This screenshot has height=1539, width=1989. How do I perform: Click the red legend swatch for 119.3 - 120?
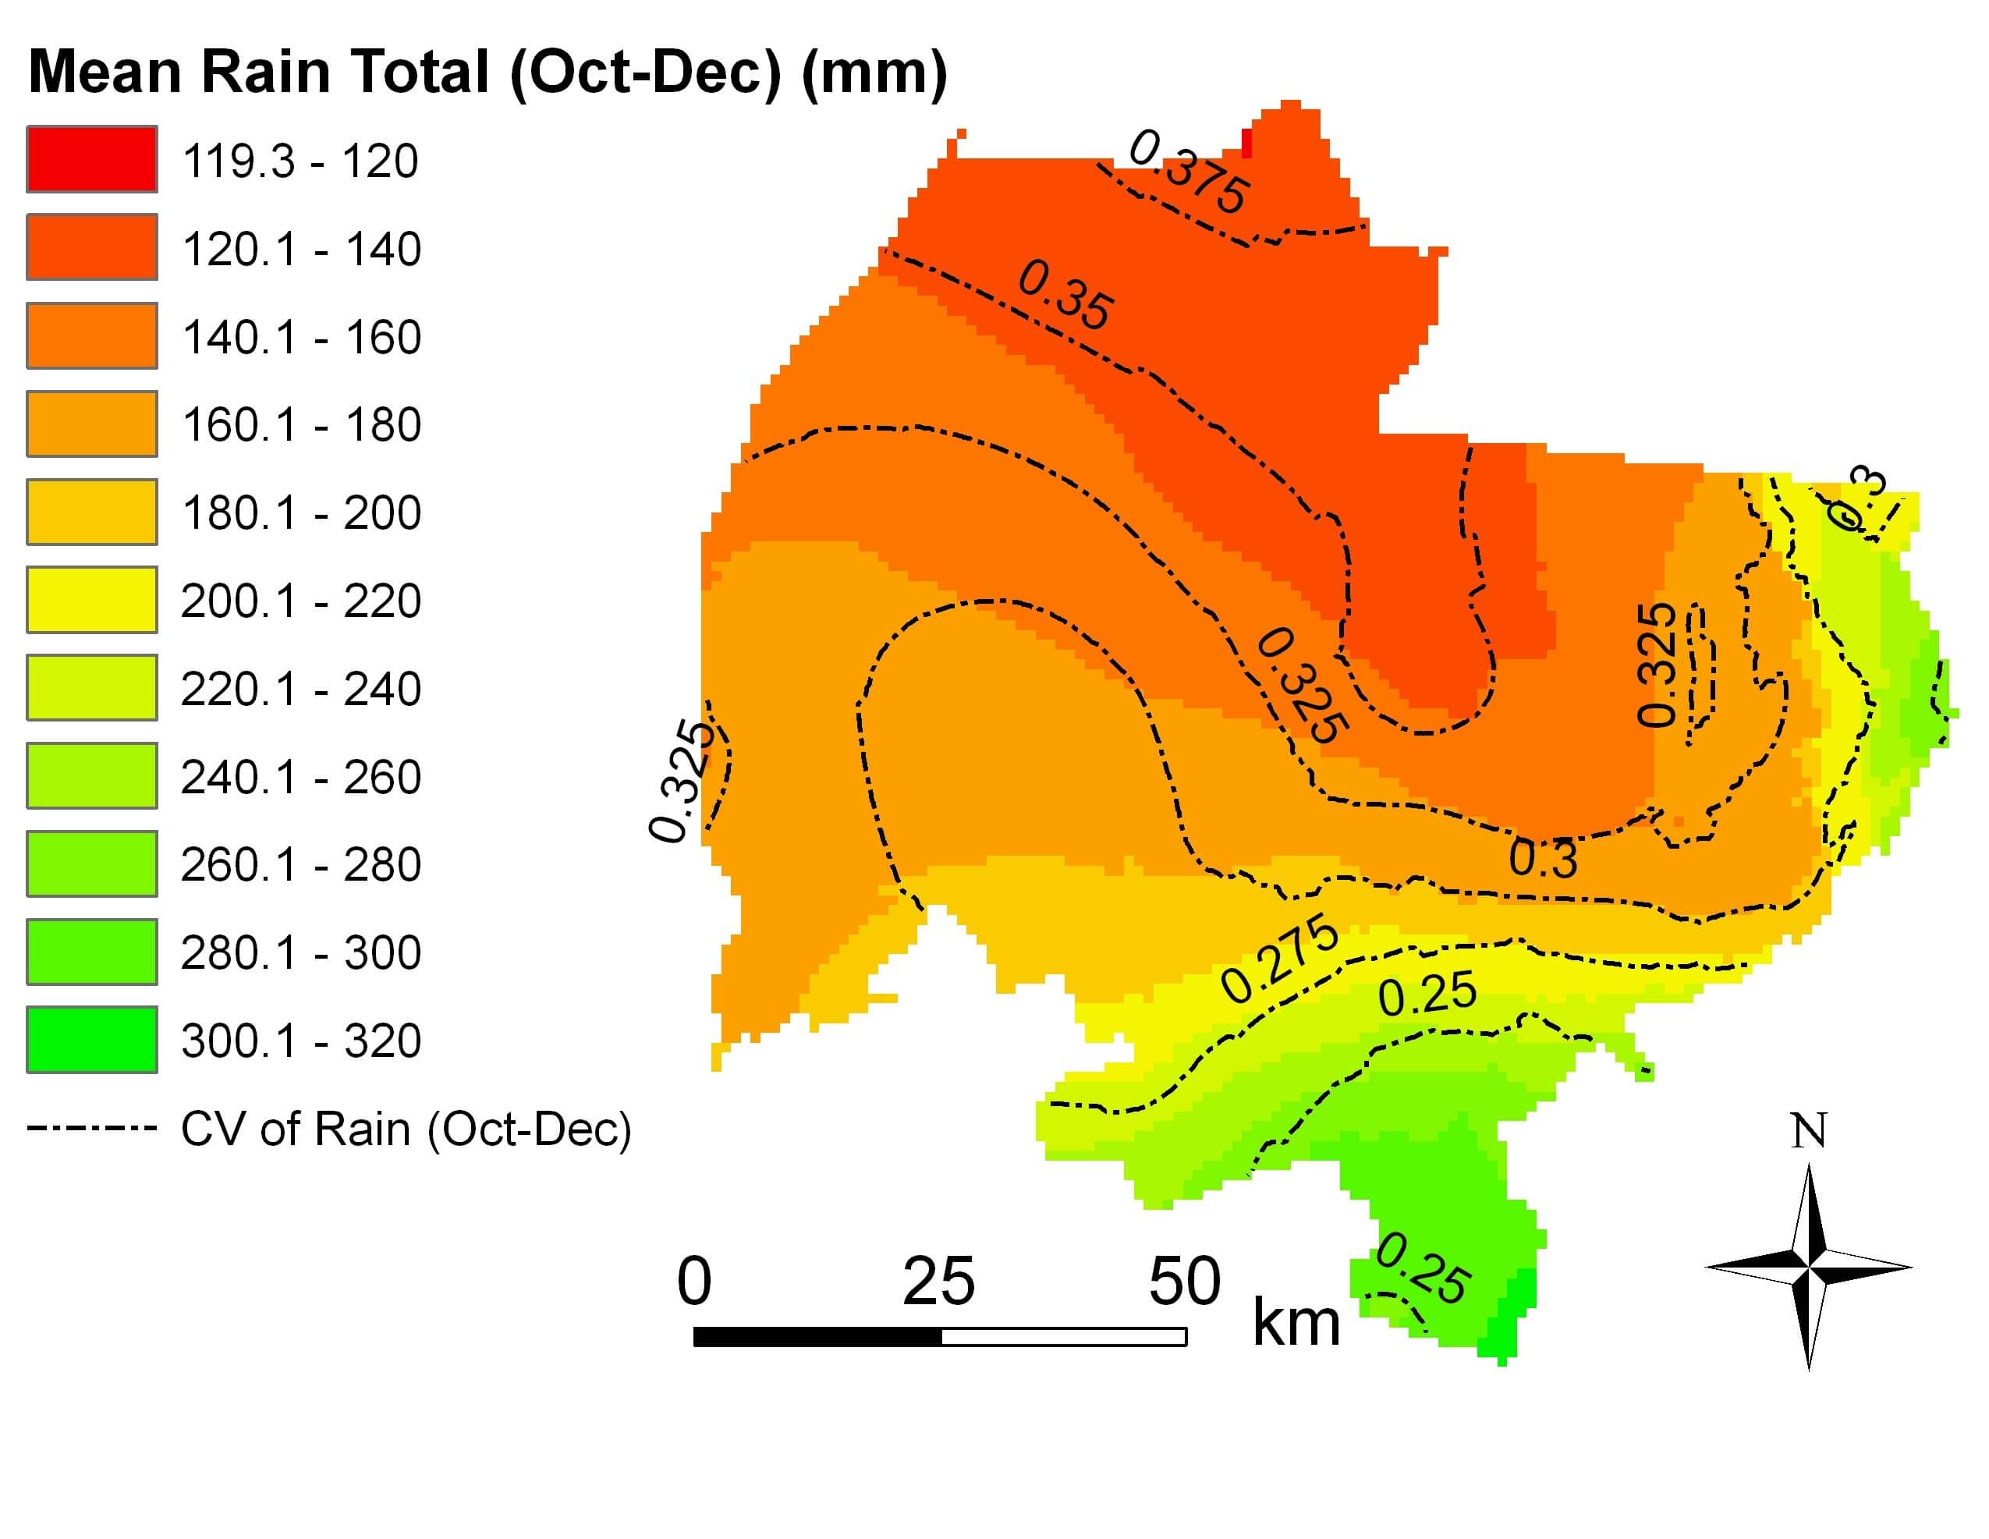click(91, 159)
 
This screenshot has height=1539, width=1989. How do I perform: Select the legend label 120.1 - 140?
click(301, 249)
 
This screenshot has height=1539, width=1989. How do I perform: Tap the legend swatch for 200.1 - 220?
click(91, 599)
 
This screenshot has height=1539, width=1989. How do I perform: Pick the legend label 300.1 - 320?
click(301, 1040)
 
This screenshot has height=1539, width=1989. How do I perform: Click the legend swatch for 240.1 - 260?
click(91, 776)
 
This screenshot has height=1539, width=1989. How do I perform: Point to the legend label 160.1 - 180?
click(301, 424)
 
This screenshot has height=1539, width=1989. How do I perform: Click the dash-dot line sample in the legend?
click(91, 1128)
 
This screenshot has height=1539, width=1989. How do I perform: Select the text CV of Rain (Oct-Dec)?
click(406, 1129)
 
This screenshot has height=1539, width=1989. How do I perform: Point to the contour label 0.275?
click(1279, 959)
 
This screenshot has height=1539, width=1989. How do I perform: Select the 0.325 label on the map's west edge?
click(679, 781)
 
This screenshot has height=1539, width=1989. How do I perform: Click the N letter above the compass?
click(1809, 1132)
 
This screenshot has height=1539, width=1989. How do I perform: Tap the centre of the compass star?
click(1809, 1268)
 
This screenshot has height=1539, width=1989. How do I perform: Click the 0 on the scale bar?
click(694, 1282)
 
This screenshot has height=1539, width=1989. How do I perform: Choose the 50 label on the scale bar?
click(1184, 1282)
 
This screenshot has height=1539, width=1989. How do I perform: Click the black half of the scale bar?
click(817, 1337)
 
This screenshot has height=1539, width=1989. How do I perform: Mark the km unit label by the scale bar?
click(1296, 1323)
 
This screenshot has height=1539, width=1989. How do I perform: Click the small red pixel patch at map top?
click(1246, 143)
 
